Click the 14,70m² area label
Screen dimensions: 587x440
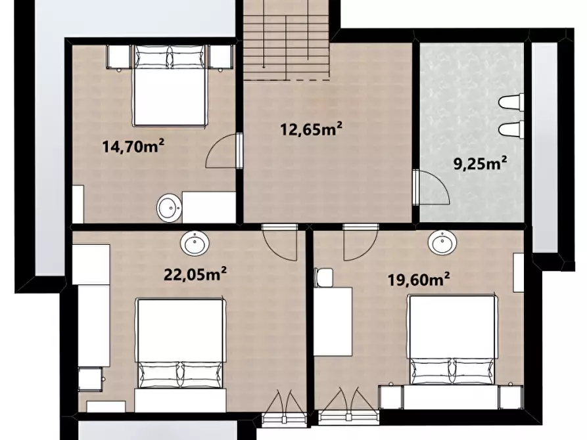133,146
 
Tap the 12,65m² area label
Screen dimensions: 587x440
311,129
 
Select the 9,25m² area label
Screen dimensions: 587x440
481,164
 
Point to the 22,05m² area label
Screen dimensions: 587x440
195,275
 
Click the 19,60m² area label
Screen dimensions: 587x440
419,280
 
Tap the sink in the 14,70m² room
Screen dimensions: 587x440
169,208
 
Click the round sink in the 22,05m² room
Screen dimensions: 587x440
195,243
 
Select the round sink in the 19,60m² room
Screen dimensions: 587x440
442,242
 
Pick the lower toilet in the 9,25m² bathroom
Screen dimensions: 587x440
511,129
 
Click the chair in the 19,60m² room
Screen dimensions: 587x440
323,277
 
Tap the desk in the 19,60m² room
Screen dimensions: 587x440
333,322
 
